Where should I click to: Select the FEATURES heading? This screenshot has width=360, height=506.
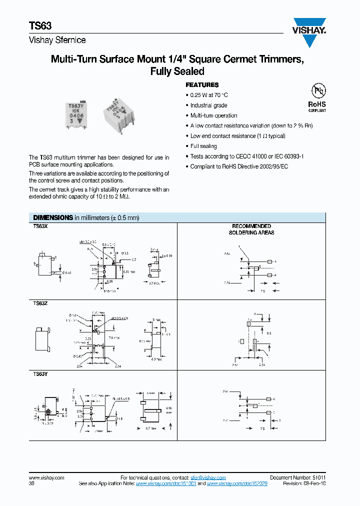click(x=202, y=85)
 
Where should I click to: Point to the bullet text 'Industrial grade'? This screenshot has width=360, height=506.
click(x=208, y=105)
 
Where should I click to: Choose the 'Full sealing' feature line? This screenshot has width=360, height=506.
click(x=203, y=146)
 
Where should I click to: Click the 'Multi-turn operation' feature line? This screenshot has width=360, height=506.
click(x=213, y=115)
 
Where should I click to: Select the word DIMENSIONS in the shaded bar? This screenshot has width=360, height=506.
click(x=53, y=218)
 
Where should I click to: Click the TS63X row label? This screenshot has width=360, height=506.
click(x=40, y=226)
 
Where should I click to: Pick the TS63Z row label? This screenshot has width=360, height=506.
click(x=40, y=303)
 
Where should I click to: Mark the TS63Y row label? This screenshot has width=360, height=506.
click(x=40, y=373)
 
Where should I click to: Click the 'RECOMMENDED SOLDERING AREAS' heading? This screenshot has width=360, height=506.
click(x=251, y=229)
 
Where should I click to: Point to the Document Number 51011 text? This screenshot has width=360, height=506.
click(x=297, y=478)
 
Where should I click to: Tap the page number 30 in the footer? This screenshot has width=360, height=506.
click(x=32, y=484)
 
